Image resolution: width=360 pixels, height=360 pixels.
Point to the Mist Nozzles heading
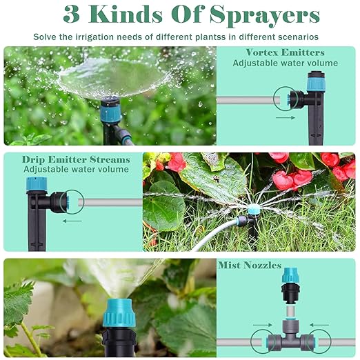tap(250, 265)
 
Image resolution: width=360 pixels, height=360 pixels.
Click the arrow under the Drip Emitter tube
tap(72, 221)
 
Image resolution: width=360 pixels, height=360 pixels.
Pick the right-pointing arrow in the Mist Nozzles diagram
tap(260, 323)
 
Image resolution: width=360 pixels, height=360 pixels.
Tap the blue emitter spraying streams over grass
tap(254, 209)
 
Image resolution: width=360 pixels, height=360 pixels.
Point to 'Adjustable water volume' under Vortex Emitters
tap(285, 63)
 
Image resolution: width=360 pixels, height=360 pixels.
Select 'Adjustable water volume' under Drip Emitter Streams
tap(76, 169)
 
